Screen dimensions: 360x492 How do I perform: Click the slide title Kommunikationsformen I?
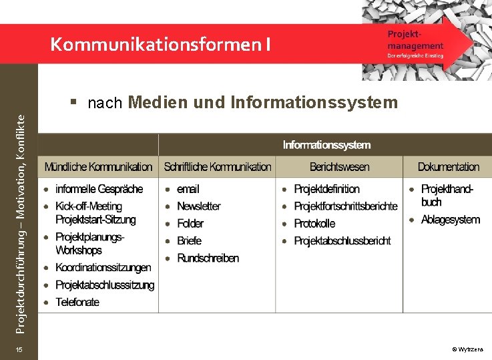160,45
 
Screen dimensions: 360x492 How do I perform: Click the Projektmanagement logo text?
415,40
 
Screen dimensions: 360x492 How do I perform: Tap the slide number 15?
19,350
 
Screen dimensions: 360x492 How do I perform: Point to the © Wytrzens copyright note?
471,350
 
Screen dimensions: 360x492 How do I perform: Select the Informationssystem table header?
326,145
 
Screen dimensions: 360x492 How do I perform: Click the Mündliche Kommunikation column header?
99,167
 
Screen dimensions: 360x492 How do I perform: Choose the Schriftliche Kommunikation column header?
218,167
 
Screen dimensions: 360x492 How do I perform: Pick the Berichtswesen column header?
339,167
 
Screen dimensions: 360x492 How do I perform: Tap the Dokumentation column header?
448,167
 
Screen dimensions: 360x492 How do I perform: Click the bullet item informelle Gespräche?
99,189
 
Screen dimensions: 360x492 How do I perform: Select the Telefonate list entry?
77,302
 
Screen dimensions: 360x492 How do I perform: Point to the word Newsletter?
198,206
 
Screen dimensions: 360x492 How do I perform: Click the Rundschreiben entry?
208,258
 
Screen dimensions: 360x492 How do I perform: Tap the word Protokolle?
314,224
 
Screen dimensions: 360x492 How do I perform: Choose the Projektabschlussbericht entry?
342,241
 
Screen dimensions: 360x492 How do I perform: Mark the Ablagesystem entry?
450,220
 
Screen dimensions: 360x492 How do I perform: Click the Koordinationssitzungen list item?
103,268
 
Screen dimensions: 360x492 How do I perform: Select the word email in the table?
188,189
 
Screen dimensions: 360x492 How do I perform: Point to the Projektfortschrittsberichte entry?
345,206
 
